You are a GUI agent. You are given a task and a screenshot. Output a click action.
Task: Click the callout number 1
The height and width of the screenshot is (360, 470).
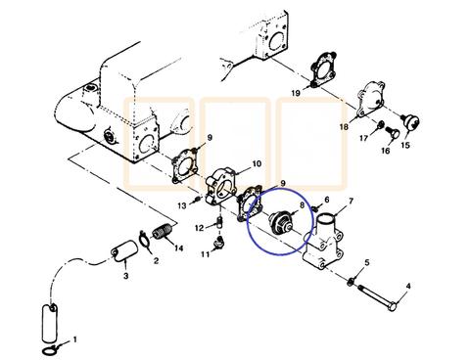[75, 339]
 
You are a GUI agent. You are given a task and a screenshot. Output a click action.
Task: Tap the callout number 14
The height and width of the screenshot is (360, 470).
[178, 248]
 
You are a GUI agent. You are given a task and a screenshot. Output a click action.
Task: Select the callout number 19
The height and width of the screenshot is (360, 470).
[296, 93]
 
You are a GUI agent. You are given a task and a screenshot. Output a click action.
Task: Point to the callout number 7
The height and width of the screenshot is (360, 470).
[352, 202]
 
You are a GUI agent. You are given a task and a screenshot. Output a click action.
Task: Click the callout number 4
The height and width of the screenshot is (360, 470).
[408, 287]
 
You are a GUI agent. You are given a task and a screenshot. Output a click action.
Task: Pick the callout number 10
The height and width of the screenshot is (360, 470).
[258, 163]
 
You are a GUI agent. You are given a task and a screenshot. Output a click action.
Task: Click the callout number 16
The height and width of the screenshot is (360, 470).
[386, 151]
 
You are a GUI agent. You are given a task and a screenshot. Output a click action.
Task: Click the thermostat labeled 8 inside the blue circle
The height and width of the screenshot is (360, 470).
[280, 223]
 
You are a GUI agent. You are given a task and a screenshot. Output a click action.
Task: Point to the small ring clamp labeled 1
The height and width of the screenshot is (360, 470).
[50, 351]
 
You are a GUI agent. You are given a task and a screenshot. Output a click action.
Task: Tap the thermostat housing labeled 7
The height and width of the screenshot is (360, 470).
[323, 243]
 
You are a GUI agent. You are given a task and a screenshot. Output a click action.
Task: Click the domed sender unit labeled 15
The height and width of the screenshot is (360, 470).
[411, 121]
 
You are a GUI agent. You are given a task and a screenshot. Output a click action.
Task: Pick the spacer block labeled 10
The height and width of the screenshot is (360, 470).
[222, 185]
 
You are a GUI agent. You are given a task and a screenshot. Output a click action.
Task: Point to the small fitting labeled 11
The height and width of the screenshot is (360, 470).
[218, 243]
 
